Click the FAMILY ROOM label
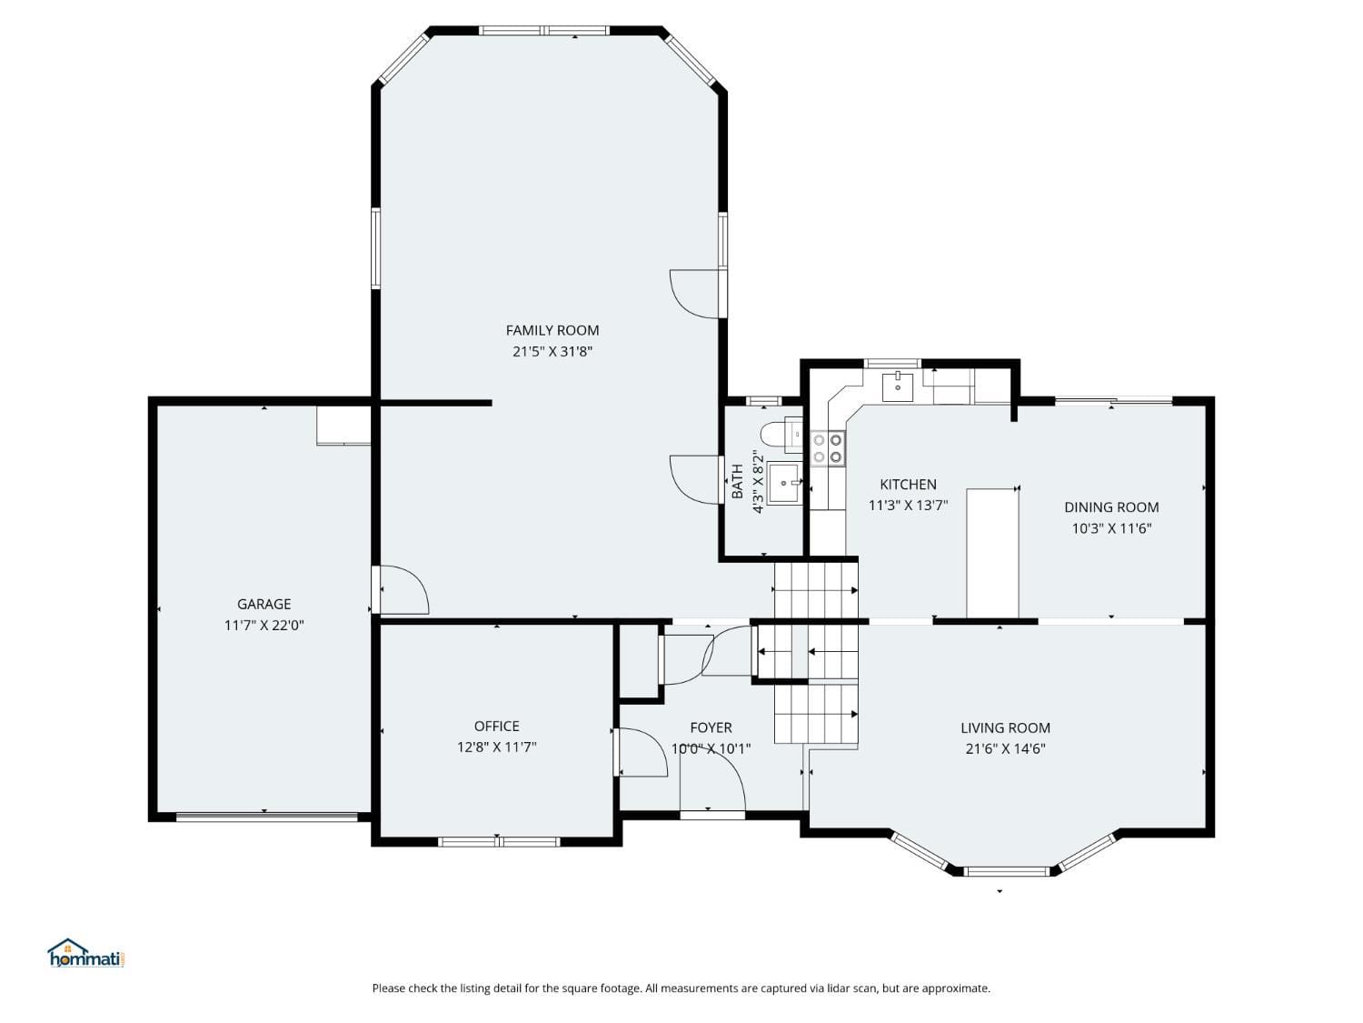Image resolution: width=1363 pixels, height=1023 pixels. click(552, 330)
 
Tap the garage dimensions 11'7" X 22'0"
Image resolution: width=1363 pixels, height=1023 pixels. click(264, 625)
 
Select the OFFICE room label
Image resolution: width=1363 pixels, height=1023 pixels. click(496, 726)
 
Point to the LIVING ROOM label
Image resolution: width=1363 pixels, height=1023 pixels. click(1005, 727)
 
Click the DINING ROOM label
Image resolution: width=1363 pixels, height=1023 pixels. click(1110, 507)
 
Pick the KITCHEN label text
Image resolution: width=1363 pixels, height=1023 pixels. click(908, 485)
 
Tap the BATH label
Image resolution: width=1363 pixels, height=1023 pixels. click(737, 481)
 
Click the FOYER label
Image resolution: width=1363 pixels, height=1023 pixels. click(711, 727)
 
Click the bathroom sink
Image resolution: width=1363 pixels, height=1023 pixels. click(783, 483)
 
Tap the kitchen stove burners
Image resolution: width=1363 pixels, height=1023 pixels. click(828, 447)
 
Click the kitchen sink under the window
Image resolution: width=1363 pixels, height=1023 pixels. click(898, 386)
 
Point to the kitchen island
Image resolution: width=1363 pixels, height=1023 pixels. click(991, 553)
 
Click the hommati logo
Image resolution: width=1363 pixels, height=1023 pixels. click(85, 954)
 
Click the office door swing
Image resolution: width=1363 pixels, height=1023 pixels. click(641, 752)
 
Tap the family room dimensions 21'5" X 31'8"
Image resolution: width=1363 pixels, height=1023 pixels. click(552, 352)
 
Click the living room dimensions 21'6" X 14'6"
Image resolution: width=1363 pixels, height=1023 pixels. click(1005, 749)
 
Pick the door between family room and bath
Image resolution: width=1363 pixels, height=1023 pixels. click(695, 478)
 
